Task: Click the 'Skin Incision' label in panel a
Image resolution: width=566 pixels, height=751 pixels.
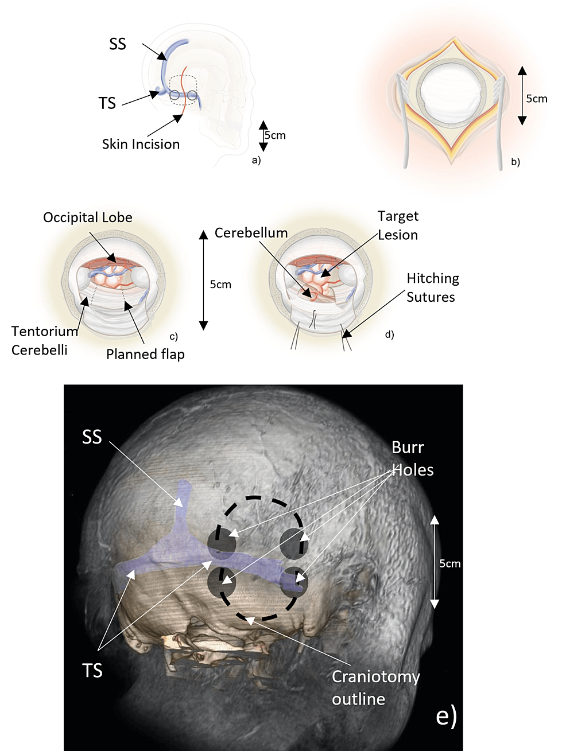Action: tap(141, 144)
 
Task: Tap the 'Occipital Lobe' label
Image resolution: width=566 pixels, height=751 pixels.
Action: tap(88, 217)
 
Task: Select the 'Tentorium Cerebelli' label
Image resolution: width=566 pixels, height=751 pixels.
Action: tap(44, 340)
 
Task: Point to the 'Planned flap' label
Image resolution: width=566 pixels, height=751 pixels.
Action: tap(145, 355)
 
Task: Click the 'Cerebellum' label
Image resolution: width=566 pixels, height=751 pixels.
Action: tap(251, 233)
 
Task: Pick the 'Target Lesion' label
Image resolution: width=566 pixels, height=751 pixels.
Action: tap(398, 225)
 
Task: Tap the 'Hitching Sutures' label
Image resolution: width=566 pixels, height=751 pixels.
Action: tap(433, 287)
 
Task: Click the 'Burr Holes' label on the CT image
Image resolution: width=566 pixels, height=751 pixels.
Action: tap(412, 458)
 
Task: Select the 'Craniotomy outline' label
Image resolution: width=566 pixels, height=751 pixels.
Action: tap(375, 687)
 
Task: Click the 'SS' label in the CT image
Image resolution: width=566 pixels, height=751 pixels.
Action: tap(92, 437)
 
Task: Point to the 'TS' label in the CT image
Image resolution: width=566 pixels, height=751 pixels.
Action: tap(92, 670)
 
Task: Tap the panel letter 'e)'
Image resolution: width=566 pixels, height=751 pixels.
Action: tap(446, 715)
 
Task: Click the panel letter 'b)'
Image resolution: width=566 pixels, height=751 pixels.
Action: tap(515, 162)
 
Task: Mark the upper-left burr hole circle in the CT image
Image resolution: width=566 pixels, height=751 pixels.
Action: tap(222, 543)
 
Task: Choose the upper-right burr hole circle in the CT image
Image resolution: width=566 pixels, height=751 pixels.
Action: tap(293, 543)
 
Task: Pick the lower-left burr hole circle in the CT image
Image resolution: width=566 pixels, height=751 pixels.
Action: tap(222, 582)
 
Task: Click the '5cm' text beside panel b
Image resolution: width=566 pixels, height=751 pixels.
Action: tap(537, 99)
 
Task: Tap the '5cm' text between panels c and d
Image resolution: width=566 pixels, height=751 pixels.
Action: tap(220, 285)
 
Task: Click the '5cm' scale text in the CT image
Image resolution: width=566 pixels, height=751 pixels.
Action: tap(450, 563)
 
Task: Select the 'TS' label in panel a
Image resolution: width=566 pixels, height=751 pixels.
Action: tap(107, 103)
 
